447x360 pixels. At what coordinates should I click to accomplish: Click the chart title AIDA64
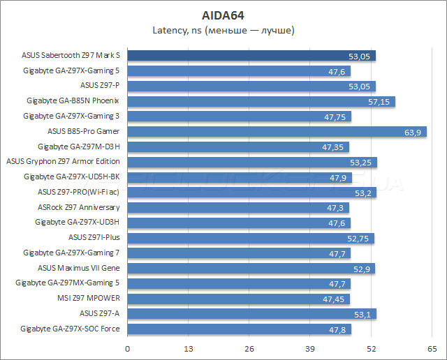(x=223, y=14)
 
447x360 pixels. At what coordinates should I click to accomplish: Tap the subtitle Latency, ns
(x=223, y=30)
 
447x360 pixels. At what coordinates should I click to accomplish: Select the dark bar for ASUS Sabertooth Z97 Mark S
(x=251, y=56)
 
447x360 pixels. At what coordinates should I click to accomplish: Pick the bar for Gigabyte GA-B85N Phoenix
(x=261, y=102)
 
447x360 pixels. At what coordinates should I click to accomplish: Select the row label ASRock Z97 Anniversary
(x=78, y=207)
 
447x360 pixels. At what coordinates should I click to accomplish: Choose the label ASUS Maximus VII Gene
(x=78, y=268)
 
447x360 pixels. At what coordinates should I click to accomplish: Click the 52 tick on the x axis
(x=372, y=348)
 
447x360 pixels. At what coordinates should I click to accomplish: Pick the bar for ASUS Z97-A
(x=251, y=313)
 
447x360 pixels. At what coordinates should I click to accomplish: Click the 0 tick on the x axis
(x=128, y=348)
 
